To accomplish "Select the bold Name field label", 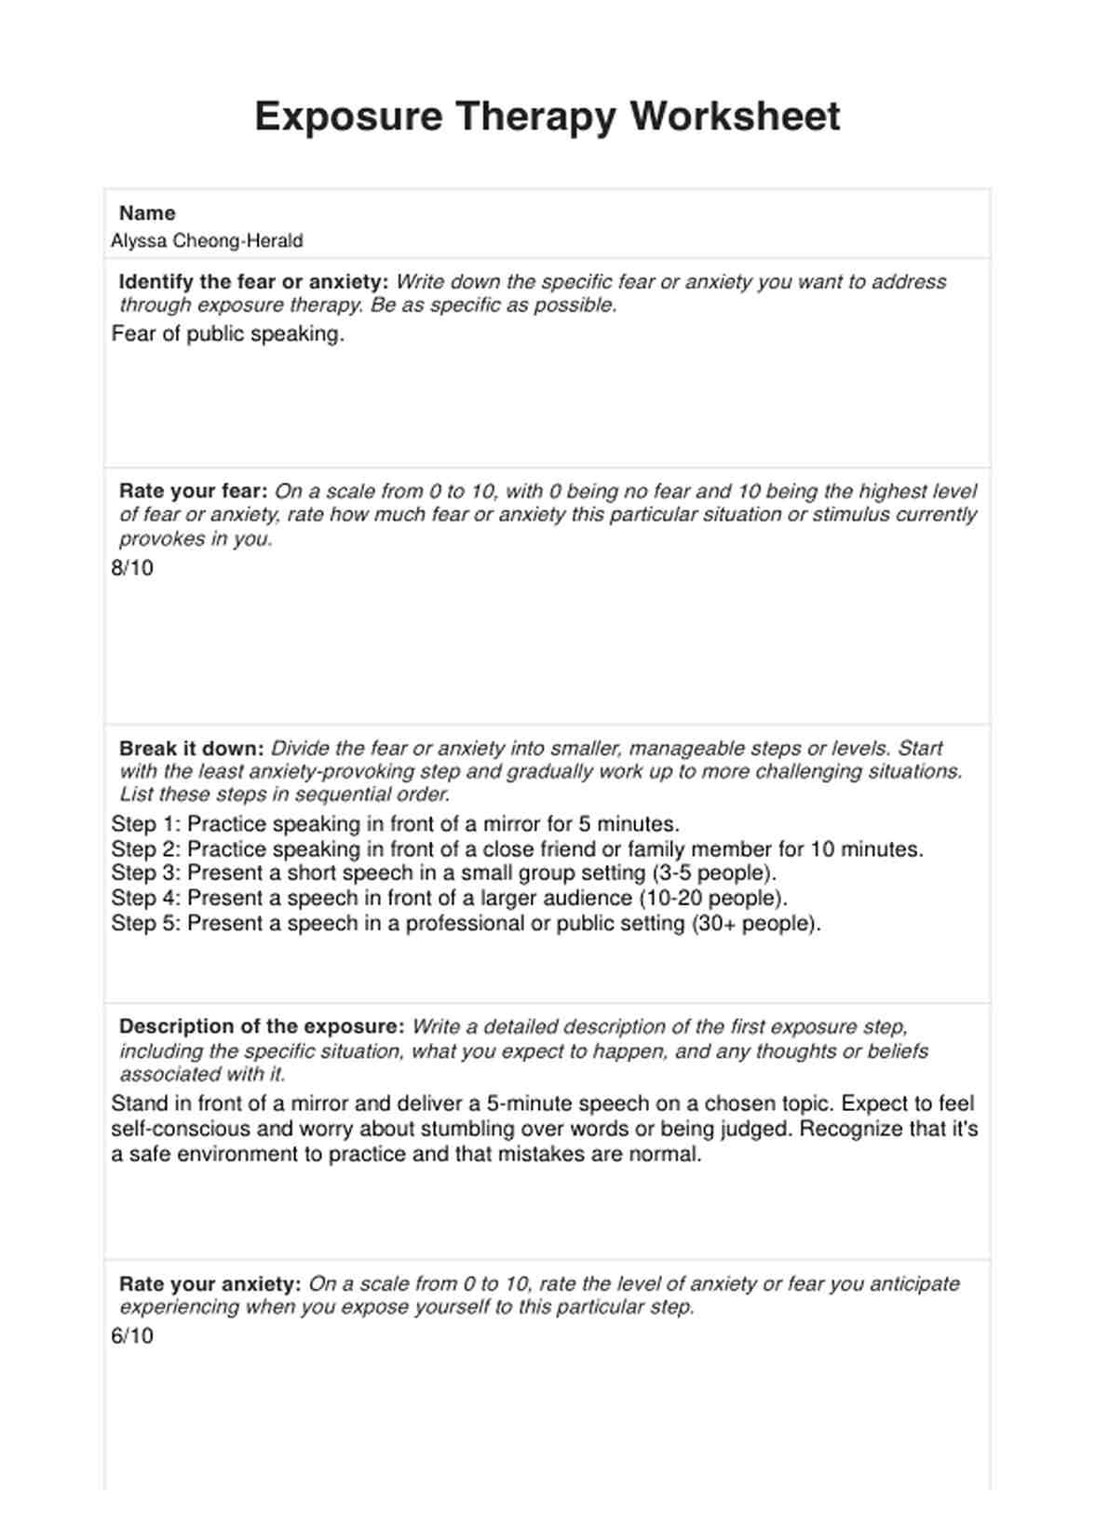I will coord(147,213).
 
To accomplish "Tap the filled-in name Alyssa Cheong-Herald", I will coord(207,240).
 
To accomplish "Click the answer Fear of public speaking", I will coord(227,334).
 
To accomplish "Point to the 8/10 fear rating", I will coord(132,568).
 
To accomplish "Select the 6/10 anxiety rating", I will coord(132,1336).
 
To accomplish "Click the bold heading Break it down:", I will coord(192,749).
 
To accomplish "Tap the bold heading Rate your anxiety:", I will coord(210,1284).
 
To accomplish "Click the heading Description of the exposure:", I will coord(262,1027).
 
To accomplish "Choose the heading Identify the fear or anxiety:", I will coord(253,282).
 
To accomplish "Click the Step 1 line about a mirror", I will coord(395,824).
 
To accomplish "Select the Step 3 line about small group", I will coord(443,874).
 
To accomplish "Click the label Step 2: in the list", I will coord(146,849).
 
